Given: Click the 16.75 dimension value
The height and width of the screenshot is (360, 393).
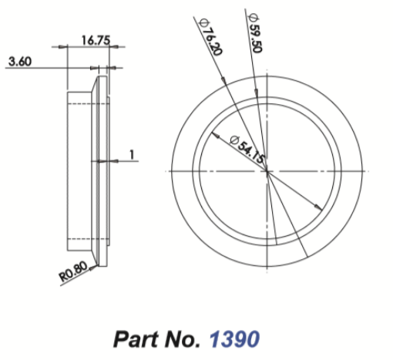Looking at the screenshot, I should point(96,41).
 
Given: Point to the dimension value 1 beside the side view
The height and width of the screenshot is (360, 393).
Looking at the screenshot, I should point(132,154).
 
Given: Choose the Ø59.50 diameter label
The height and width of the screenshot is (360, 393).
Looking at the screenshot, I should point(254,32).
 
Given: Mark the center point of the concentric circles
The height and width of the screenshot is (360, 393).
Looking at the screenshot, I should point(267,170).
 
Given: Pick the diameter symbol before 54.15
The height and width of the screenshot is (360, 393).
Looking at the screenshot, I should point(234,140).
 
